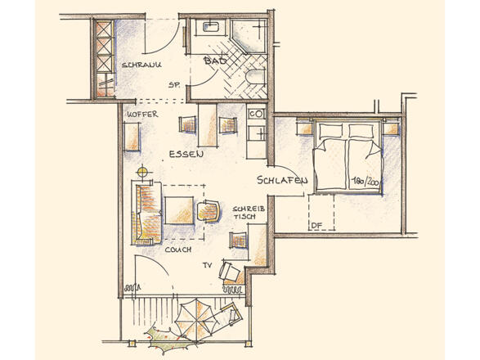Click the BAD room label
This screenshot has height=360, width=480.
[216, 61]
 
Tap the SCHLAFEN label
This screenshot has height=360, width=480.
[282, 180]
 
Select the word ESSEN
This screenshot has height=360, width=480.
[186, 154]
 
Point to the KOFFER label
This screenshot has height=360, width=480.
[142, 115]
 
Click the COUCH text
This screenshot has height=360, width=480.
[178, 250]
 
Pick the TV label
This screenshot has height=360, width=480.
[207, 265]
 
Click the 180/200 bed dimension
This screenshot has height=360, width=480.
[365, 182]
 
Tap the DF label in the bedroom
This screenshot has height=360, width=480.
[316, 226]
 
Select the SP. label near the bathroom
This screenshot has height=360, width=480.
[173, 85]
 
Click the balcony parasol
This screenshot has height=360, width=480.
[196, 320]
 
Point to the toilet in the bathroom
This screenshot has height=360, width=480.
[255, 77]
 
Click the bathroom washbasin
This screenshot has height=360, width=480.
[210, 26]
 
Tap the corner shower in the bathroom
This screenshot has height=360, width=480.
[249, 36]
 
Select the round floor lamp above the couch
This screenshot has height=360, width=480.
[141, 172]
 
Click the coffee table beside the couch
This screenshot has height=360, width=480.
[179, 211]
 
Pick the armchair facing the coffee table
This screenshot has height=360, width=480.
[209, 210]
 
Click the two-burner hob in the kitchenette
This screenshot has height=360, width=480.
[256, 114]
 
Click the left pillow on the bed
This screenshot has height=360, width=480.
[331, 131]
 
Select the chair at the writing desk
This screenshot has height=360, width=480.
[238, 240]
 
